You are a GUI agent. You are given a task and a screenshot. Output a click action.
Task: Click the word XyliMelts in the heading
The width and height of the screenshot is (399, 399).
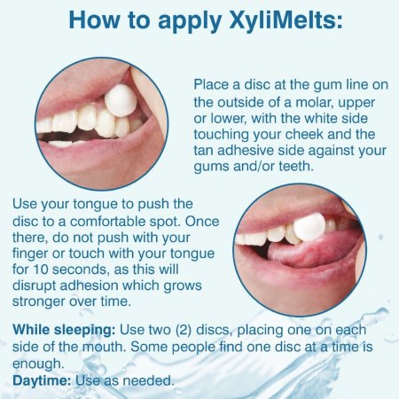click(282, 21)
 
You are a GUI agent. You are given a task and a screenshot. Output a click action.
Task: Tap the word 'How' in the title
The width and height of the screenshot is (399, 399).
click(94, 20)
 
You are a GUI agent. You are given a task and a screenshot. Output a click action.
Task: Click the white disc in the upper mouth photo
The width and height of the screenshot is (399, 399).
click(121, 100)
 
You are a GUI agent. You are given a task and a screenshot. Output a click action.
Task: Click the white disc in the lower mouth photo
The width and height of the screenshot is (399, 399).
click(309, 226)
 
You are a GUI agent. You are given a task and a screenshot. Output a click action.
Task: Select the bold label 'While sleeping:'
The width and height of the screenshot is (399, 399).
click(64, 331)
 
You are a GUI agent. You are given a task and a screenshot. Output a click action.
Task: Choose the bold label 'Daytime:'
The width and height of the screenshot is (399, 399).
click(42, 380)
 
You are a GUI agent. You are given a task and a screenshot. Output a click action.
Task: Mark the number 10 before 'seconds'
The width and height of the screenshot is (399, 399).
click(40, 270)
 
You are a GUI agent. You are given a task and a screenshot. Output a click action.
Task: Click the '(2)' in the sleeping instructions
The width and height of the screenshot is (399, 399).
click(184, 331)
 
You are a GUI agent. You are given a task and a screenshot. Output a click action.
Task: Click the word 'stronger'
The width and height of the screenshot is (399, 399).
click(39, 302)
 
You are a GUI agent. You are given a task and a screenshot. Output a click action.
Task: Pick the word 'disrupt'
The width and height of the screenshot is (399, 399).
click(34, 286)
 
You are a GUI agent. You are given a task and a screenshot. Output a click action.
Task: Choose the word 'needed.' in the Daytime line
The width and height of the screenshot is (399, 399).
click(148, 380)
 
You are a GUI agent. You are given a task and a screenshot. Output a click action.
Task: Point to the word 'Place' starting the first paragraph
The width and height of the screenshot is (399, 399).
click(211, 85)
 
